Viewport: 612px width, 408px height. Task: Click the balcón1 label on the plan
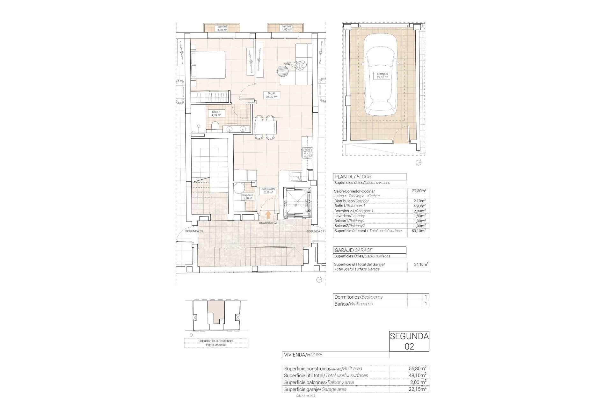pyautogui.click(x=222, y=28)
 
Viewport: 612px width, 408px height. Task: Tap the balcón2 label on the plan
pyautogui.click(x=287, y=28)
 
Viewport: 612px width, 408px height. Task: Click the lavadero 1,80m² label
pyautogui.click(x=247, y=197)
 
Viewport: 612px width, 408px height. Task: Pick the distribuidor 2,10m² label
pyautogui.click(x=268, y=191)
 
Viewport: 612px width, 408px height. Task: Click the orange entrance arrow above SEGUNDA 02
pyautogui.click(x=268, y=215)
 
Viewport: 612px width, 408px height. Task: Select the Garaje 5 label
pyautogui.click(x=382, y=76)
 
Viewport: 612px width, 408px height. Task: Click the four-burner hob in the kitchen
pyautogui.click(x=308, y=153)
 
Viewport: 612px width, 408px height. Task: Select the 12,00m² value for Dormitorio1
pyautogui.click(x=419, y=211)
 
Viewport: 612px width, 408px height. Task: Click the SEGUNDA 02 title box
pyautogui.click(x=409, y=341)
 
